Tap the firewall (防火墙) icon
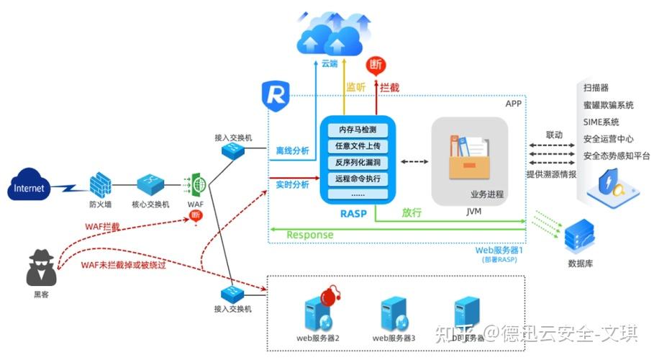click(99, 186)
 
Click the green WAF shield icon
click(193, 185)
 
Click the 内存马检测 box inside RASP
click(358, 130)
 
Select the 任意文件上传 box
click(358, 146)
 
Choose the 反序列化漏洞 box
click(358, 162)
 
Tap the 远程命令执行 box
click(358, 178)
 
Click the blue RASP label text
click(358, 212)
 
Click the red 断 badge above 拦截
click(375, 65)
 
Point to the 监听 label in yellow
click(356, 86)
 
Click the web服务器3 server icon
click(394, 315)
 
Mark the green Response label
click(309, 235)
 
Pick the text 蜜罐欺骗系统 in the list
click(609, 105)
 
